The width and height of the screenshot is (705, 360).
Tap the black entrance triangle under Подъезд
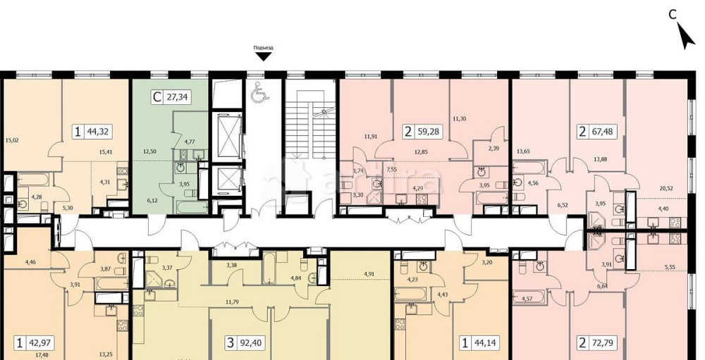point(264,56)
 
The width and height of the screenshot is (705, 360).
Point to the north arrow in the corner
point(684,35)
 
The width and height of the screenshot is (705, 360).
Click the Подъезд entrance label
point(264,47)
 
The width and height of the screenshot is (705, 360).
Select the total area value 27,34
point(177,99)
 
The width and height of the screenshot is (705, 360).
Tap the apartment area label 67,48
point(603,130)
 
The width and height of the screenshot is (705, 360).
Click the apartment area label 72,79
point(603,344)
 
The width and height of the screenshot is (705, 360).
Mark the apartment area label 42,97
point(39,344)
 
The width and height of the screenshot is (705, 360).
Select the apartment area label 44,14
point(488,344)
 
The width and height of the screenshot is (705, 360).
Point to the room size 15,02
point(11,139)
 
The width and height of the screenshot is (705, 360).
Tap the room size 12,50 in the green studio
point(149,151)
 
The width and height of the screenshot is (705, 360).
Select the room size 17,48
point(32,354)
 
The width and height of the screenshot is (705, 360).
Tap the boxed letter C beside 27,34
point(156,99)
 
